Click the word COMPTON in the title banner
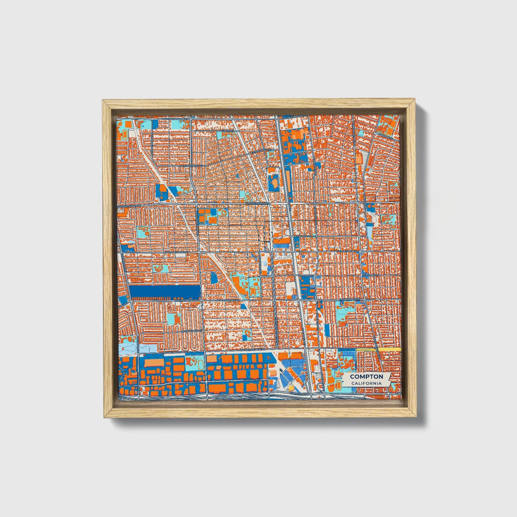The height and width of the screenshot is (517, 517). (366, 377)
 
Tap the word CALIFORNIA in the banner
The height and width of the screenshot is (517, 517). (366, 383)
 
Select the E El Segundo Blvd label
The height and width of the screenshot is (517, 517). (294, 117)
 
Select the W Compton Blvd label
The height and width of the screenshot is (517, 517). (176, 252)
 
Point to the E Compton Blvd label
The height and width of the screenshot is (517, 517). (347, 252)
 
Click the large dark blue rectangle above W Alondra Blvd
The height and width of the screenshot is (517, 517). (165, 292)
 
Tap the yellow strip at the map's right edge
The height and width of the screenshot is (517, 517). (390, 349)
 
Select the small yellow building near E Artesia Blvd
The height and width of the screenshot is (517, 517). (291, 388)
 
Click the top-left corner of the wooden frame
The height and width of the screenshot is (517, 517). (103, 101)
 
